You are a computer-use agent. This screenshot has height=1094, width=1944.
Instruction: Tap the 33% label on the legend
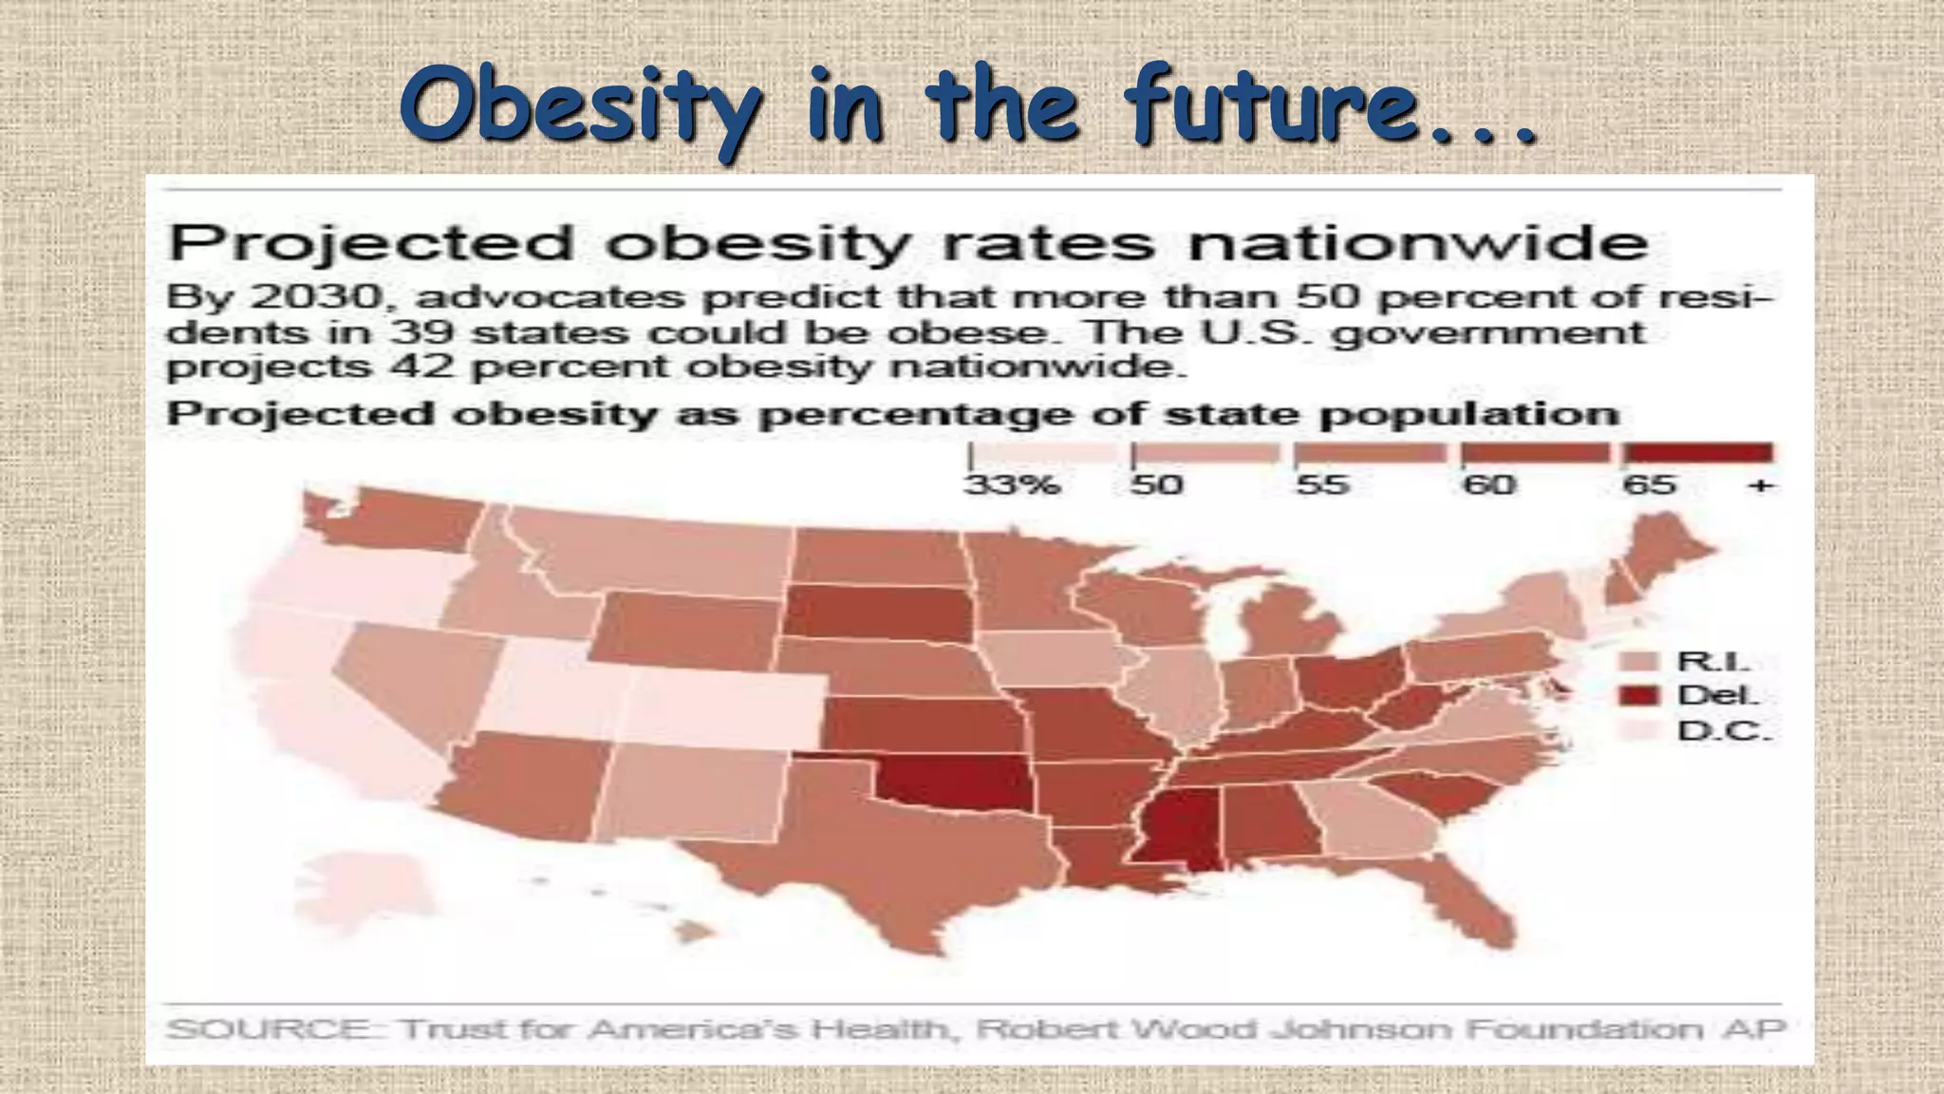1012,485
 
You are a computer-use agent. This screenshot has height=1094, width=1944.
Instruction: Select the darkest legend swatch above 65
1697,453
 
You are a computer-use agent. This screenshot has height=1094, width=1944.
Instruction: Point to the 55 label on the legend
1322,485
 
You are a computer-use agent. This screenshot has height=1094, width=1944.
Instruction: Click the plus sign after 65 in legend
1760,485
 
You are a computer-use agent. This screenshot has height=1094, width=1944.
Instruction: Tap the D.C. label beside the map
1724,731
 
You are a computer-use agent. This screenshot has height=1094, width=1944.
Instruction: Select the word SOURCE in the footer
270,1029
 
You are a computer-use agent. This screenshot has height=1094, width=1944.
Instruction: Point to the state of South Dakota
878,613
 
